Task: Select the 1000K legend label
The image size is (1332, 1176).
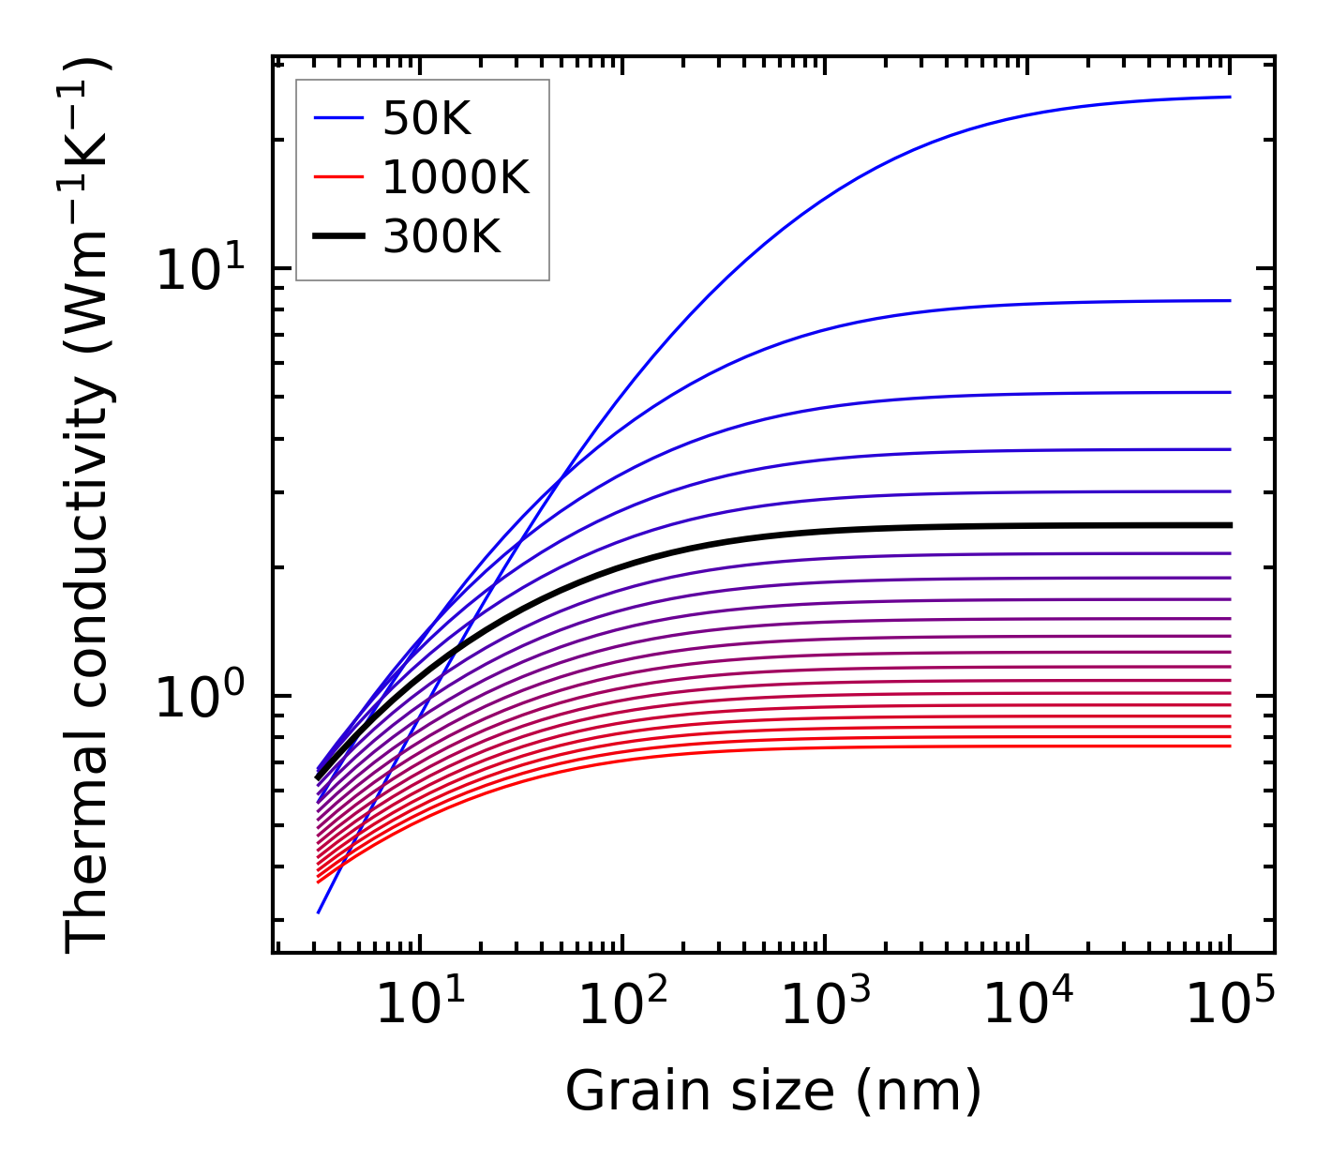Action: [456, 177]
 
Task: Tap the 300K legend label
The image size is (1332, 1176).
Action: [442, 237]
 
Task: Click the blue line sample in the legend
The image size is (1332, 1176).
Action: [337, 118]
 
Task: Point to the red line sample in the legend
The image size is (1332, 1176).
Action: [337, 177]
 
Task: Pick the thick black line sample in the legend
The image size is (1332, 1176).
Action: [337, 237]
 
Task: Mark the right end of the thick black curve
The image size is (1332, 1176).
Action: [1229, 525]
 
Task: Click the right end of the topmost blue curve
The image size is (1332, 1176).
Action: [1229, 97]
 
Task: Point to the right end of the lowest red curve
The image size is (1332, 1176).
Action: [1229, 746]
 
